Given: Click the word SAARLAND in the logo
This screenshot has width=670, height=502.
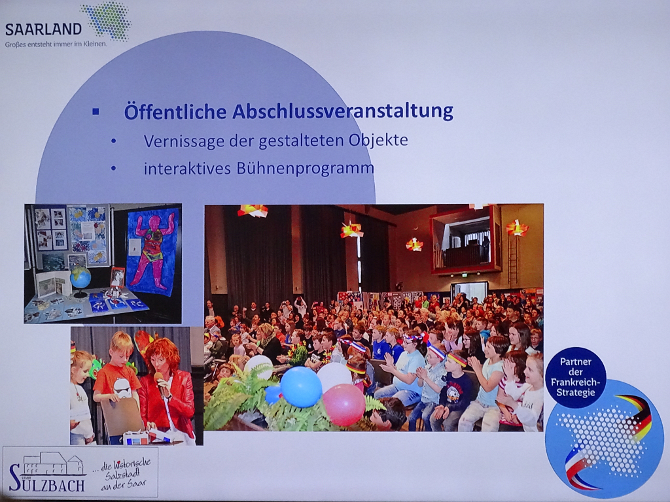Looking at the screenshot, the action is point(43,29).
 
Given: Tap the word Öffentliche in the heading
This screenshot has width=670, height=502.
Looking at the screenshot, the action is point(175,111).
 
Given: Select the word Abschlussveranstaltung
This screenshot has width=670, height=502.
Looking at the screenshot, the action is point(343,111).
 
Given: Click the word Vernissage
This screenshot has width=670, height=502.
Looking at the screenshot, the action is point(184,141).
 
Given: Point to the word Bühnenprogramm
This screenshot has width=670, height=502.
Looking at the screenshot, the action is point(305,168).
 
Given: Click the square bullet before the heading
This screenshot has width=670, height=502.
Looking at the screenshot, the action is point(96,112).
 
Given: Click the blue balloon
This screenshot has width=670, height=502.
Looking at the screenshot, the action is point(301,387).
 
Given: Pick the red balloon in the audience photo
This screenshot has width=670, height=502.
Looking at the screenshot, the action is point(344,404).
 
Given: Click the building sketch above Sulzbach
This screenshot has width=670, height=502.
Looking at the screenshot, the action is point(54,463).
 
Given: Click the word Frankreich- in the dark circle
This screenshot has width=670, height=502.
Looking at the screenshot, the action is point(576,382).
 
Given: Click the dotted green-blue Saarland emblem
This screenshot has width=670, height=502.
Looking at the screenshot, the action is point(107,20).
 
